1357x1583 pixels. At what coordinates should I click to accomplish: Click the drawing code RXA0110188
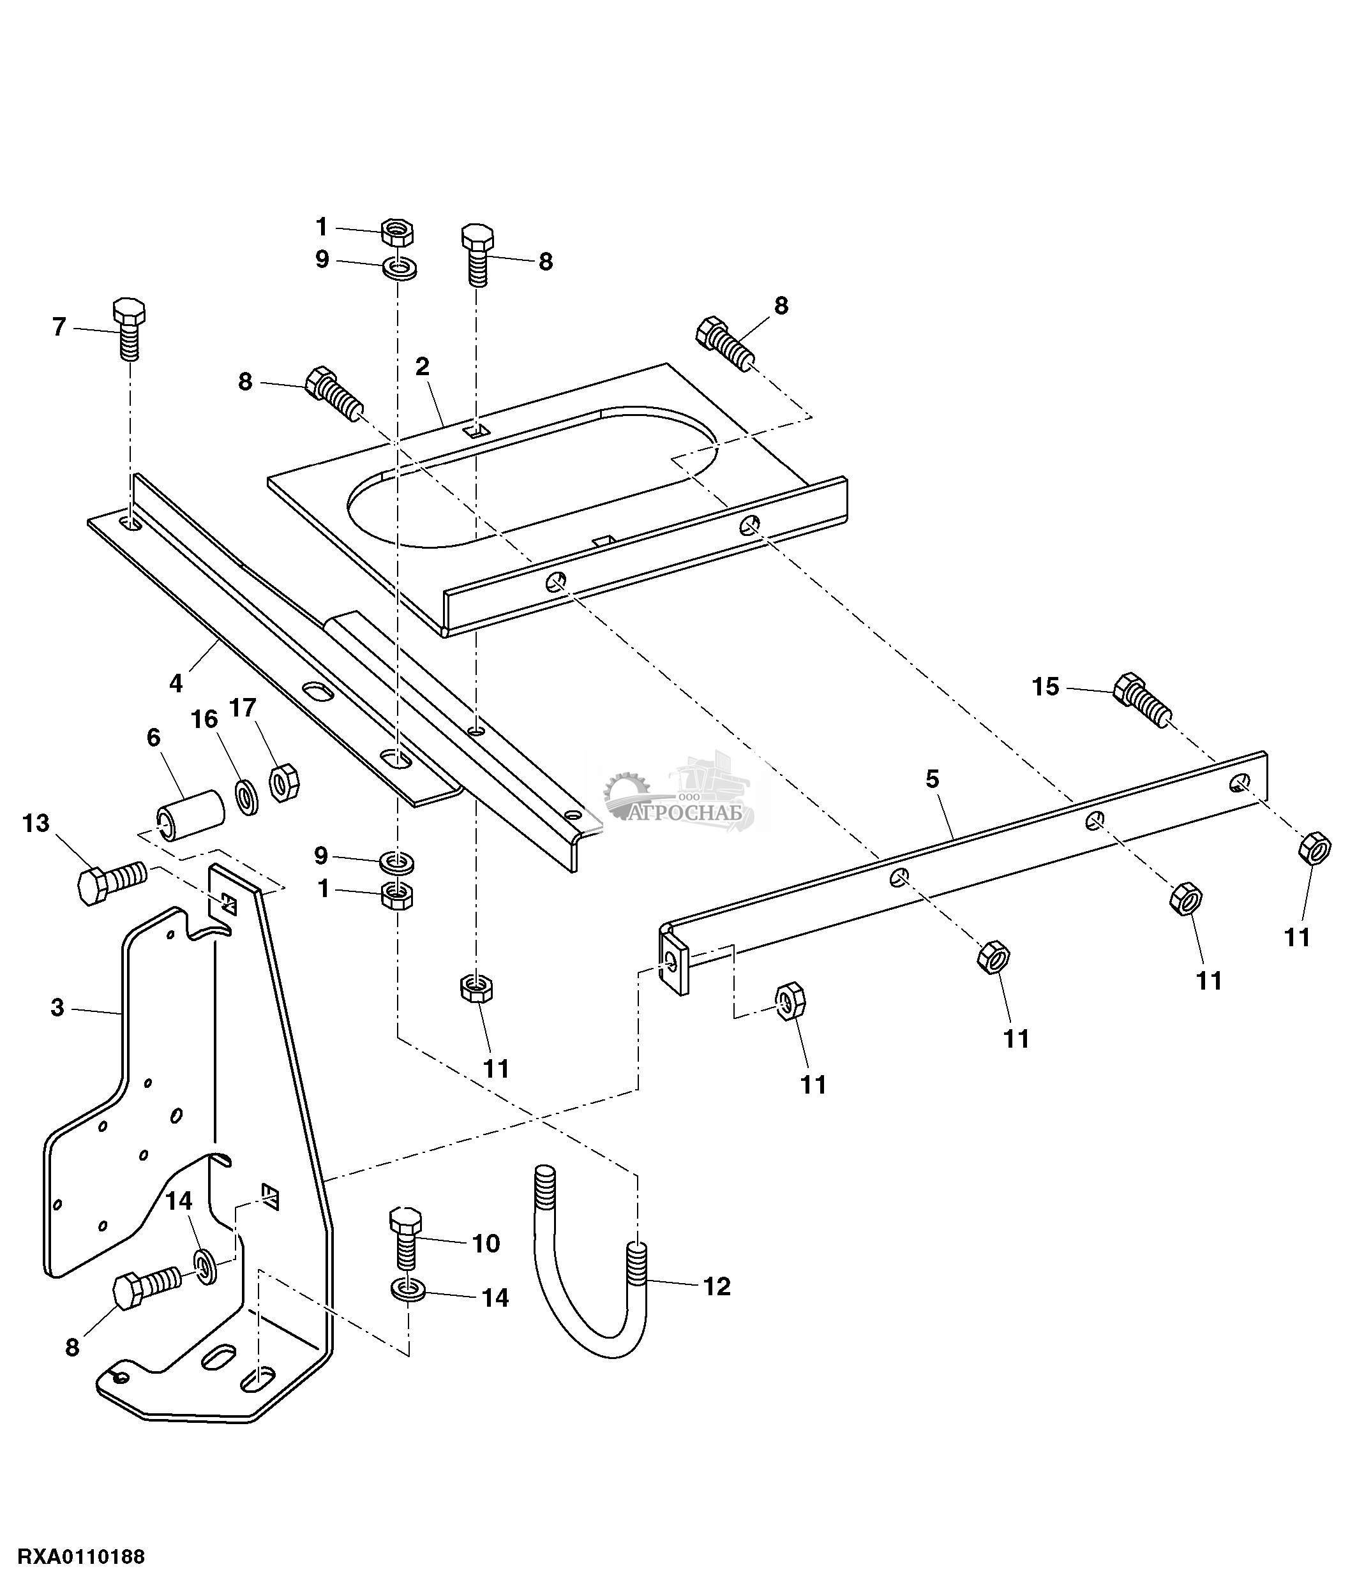(x=80, y=1557)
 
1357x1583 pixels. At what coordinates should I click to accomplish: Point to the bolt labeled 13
(x=112, y=882)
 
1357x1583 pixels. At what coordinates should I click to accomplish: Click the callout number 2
(x=423, y=366)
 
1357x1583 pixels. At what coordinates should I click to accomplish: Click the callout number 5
(x=931, y=779)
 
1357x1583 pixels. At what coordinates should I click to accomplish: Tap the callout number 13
(x=36, y=823)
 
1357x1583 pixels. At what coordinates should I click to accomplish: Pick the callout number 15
(x=1046, y=687)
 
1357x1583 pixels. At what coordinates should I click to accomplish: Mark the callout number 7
(x=59, y=326)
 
